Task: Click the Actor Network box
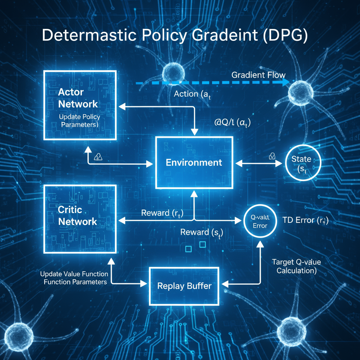79,104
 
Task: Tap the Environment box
194,162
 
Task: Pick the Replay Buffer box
184,286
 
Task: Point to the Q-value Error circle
260,221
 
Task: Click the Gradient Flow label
258,75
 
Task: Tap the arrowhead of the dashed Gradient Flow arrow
285,83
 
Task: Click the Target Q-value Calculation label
296,266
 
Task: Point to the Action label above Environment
192,94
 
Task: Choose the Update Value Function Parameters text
74,278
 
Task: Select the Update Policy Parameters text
79,121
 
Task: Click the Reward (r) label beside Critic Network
162,213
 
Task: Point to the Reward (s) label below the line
201,232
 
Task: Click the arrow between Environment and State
259,163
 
